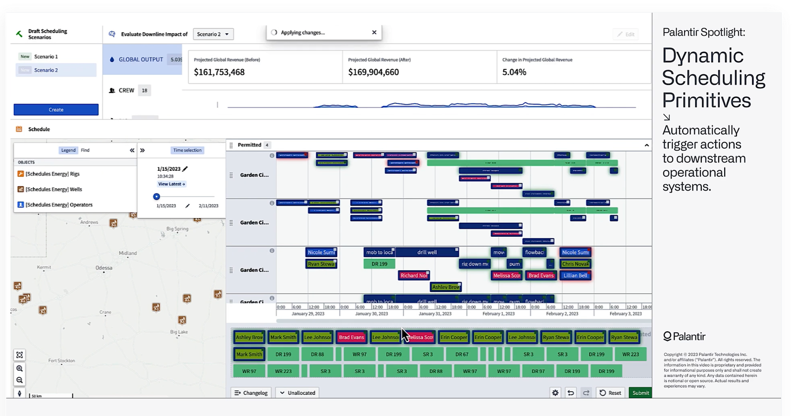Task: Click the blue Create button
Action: (x=56, y=109)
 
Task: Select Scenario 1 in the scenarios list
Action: (x=46, y=56)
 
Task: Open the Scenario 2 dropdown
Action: (x=213, y=34)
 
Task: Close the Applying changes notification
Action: (x=374, y=32)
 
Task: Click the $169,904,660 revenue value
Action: (x=373, y=72)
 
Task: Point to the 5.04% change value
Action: (x=514, y=72)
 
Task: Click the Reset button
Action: (x=610, y=393)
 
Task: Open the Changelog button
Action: (x=251, y=393)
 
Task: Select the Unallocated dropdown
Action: (x=297, y=393)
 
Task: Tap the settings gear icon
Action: (x=555, y=393)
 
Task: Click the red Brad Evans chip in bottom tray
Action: (x=351, y=337)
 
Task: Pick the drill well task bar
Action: (x=427, y=252)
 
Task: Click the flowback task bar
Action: (x=535, y=252)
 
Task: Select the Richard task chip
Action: (x=414, y=275)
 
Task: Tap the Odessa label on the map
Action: (x=104, y=268)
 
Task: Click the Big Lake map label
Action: (x=179, y=332)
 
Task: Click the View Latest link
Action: (x=171, y=184)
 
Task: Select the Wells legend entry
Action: (x=53, y=189)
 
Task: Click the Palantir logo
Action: (x=684, y=337)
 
